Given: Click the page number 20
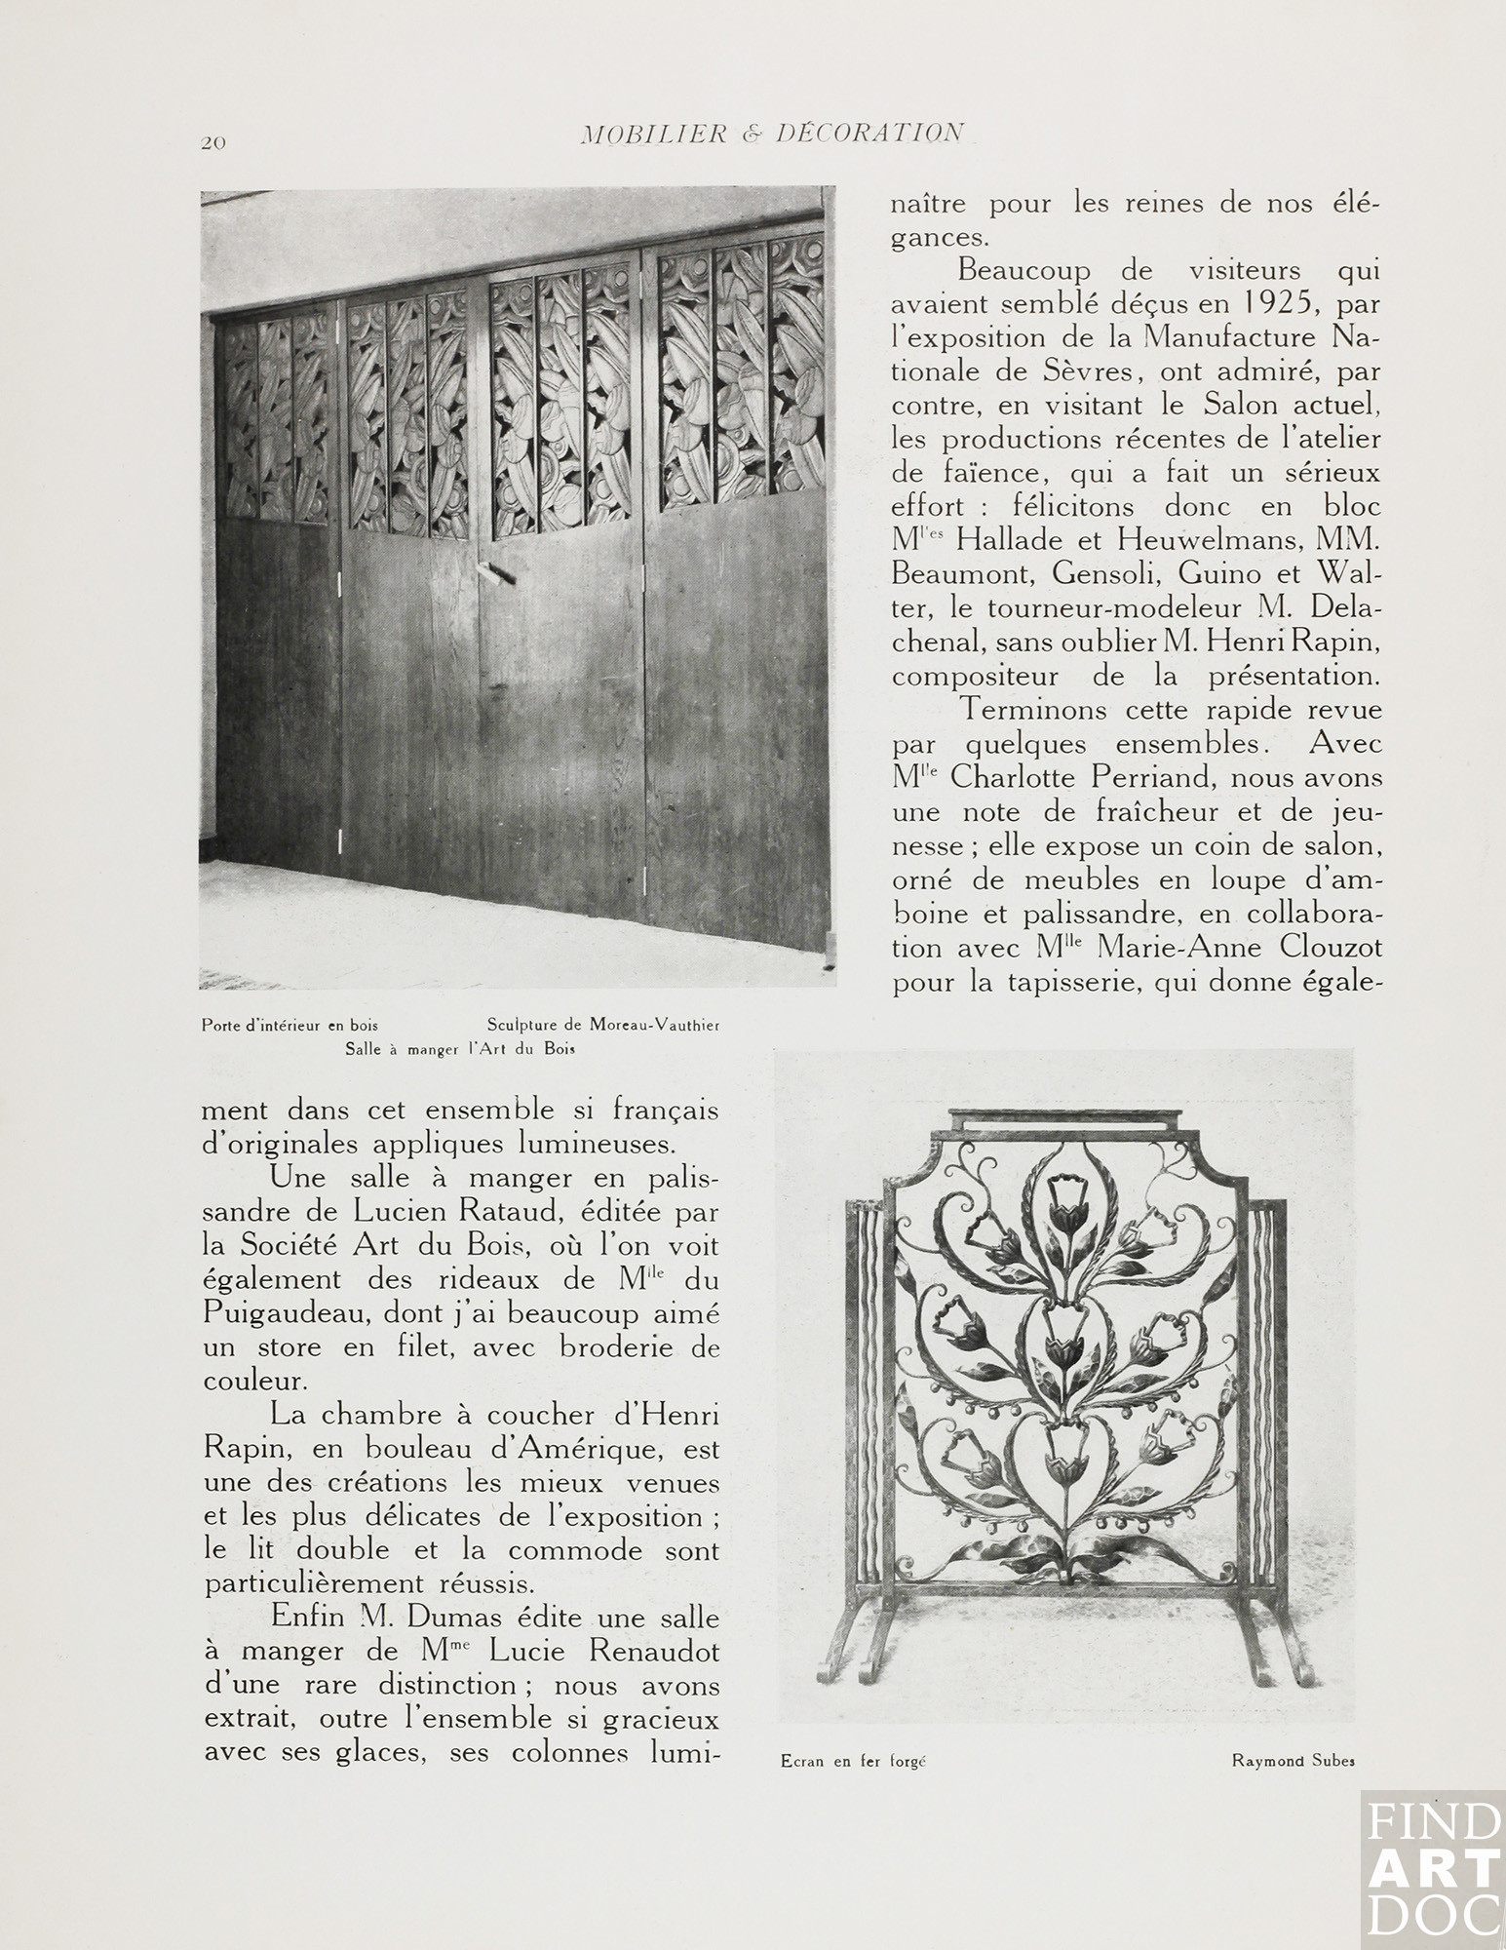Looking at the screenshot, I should click(213, 143).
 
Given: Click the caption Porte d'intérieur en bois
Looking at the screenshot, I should click(290, 1025).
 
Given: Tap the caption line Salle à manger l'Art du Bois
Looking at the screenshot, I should click(461, 1050).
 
